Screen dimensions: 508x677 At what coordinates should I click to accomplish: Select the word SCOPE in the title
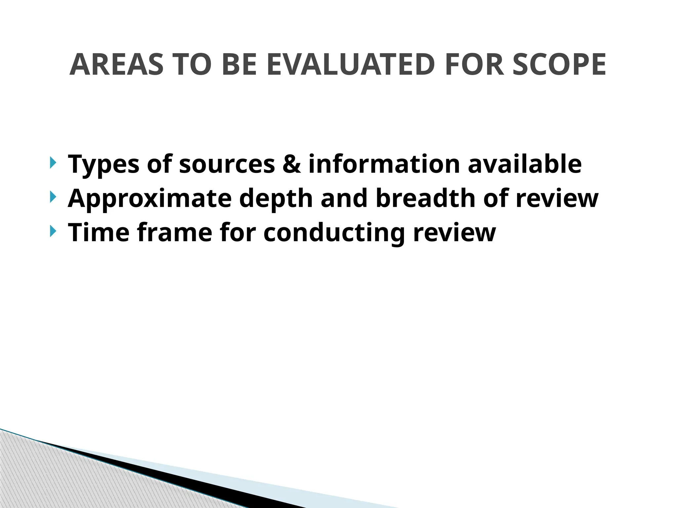(559, 65)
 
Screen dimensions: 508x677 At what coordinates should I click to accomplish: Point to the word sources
(227, 164)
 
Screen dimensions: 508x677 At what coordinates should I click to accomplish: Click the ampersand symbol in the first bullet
(292, 164)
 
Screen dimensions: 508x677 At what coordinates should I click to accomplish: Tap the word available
(525, 164)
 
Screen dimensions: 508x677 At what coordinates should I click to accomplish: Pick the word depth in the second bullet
(276, 199)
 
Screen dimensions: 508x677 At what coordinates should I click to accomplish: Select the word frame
(174, 233)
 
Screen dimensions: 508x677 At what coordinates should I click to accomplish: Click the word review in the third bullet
(455, 233)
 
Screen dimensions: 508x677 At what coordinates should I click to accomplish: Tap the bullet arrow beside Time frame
(53, 231)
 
